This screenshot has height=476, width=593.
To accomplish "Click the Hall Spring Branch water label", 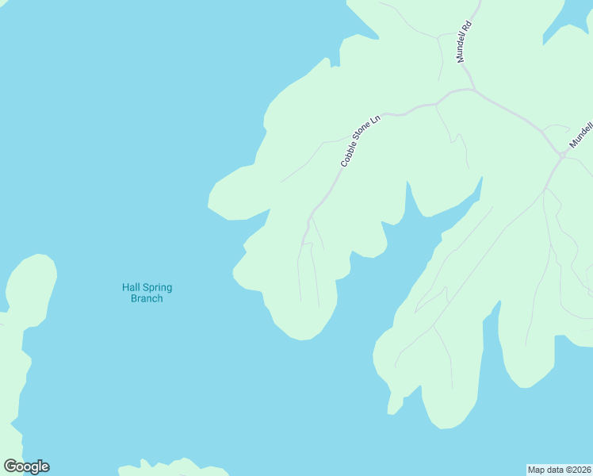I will click(x=147, y=293).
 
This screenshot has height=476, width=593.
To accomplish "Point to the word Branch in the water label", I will click(x=147, y=298).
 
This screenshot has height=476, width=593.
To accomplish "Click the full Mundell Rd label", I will click(x=464, y=41).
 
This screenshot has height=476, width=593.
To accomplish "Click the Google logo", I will click(x=26, y=466).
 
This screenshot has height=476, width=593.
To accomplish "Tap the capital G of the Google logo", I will click(x=10, y=466).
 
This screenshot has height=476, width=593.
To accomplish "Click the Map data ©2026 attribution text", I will click(x=559, y=469).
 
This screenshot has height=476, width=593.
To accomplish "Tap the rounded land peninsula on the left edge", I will click(x=32, y=286).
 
